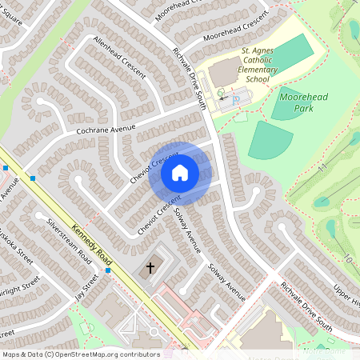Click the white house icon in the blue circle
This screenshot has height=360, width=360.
point(180,172)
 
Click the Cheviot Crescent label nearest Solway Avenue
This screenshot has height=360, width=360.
point(156,215)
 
